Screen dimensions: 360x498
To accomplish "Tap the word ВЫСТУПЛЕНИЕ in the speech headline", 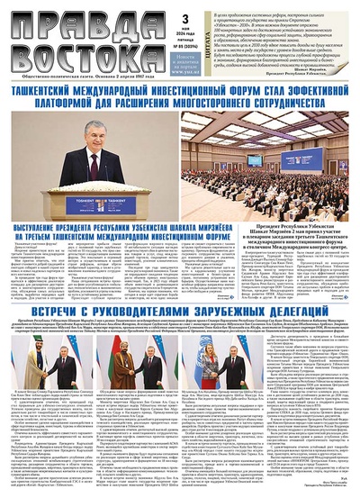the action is point(46,219).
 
